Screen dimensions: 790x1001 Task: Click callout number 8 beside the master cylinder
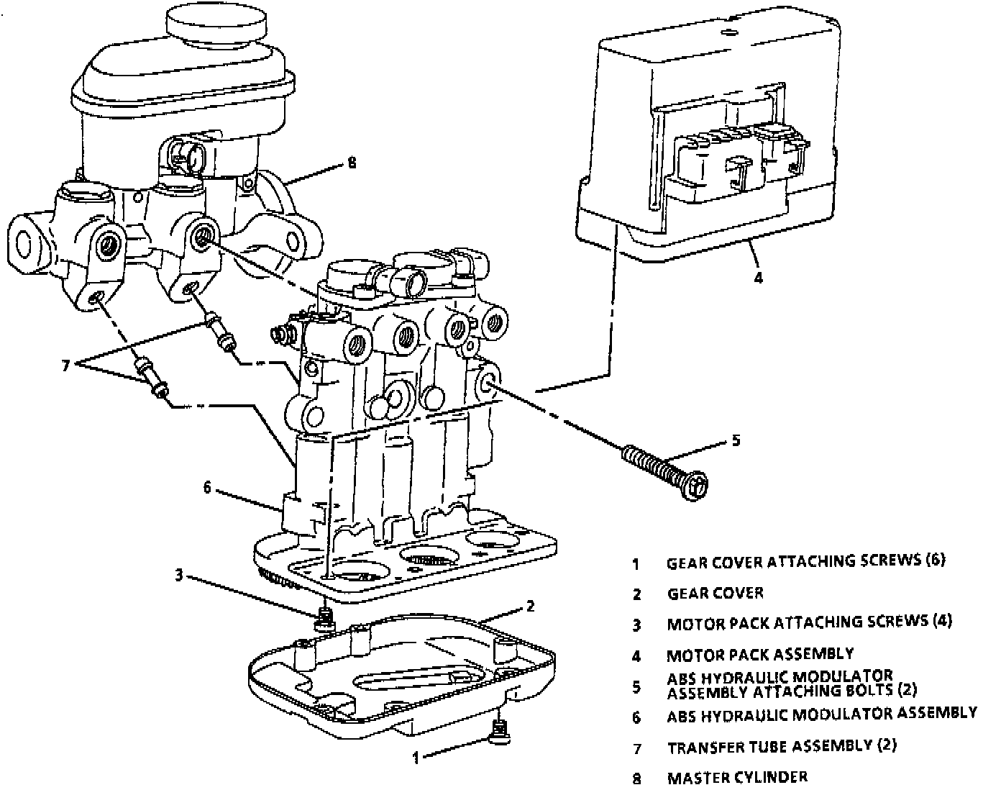[x=351, y=163]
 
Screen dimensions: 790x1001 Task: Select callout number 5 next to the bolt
[x=735, y=440]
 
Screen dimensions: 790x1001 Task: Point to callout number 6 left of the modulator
[x=208, y=488]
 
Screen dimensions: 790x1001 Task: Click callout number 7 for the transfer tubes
[x=65, y=366]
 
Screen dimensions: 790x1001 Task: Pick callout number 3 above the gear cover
[x=180, y=575]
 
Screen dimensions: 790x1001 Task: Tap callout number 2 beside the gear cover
[x=530, y=607]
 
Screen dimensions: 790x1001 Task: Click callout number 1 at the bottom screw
[x=415, y=756]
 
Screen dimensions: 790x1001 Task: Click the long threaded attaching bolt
[x=665, y=471]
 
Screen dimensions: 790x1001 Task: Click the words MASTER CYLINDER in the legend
[x=737, y=777]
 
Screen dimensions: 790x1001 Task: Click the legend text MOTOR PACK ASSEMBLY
[x=760, y=655]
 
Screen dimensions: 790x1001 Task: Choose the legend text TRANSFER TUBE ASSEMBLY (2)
[x=782, y=746]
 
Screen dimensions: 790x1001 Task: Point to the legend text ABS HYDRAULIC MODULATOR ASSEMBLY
[x=821, y=714]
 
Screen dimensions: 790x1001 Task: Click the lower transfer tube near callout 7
[x=152, y=378]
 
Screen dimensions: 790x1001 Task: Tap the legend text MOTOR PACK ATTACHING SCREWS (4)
[x=809, y=622]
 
